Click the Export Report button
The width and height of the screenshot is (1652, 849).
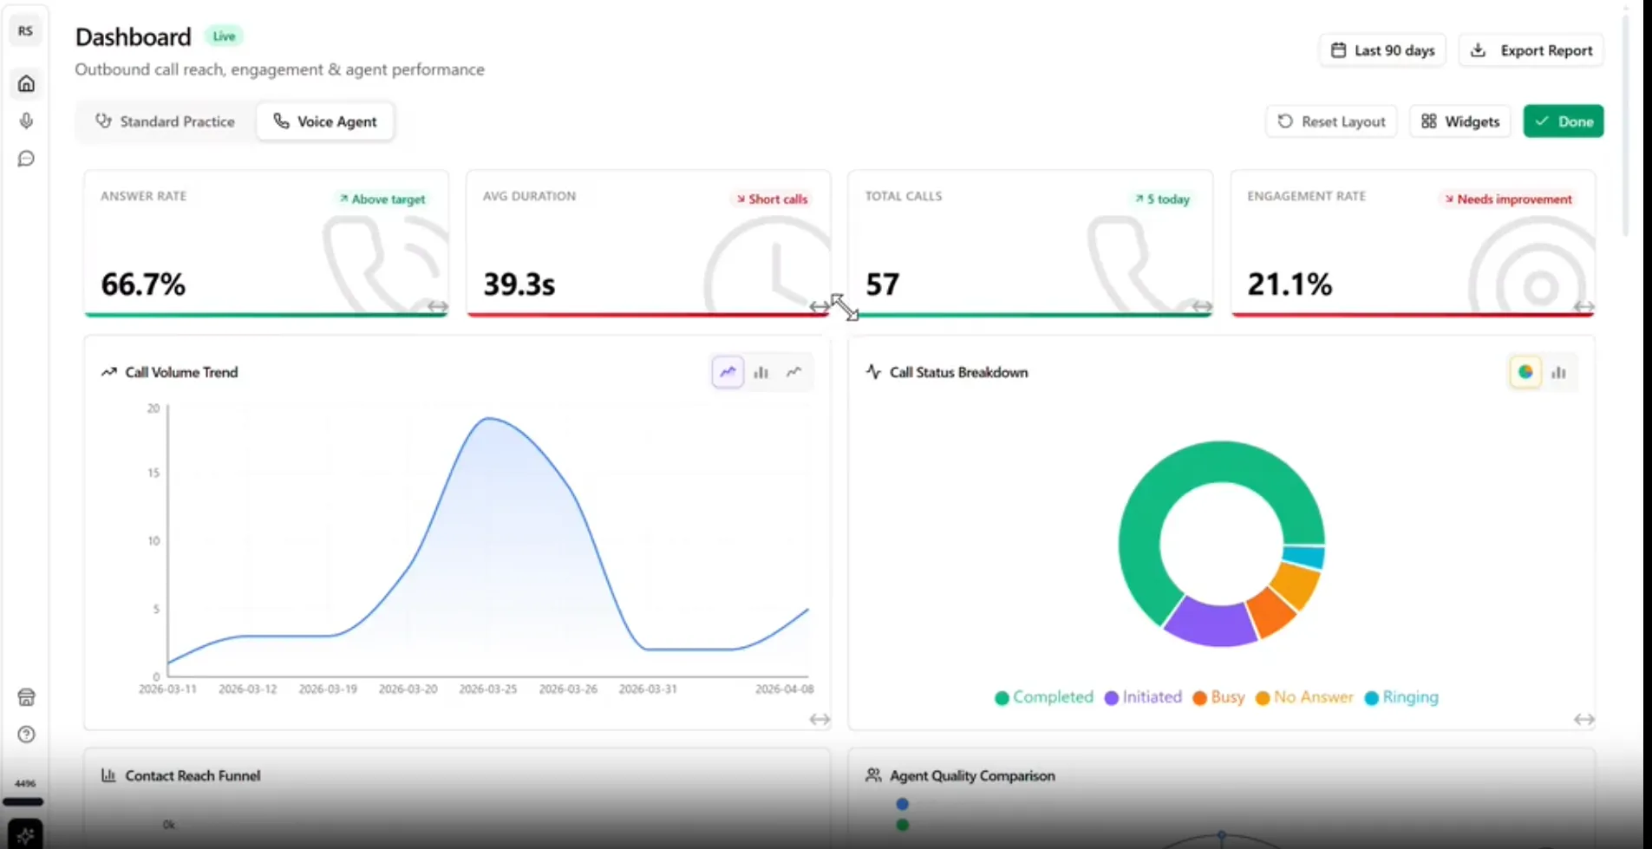click(x=1531, y=50)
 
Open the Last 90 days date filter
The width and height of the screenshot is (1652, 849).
click(x=1382, y=50)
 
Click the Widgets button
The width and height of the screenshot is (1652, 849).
click(x=1460, y=121)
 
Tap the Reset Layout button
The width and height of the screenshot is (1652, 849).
click(x=1331, y=121)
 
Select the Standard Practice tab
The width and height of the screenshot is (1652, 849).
click(x=165, y=121)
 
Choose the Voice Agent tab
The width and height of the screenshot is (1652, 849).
click(x=325, y=121)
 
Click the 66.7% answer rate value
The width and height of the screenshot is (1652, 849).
click(x=143, y=284)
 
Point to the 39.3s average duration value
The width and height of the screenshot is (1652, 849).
click(x=519, y=284)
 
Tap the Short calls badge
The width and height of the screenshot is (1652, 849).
click(x=772, y=199)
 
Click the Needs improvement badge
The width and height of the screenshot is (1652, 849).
click(x=1508, y=199)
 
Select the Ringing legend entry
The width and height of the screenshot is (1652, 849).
click(x=1401, y=697)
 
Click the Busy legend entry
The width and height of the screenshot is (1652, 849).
click(x=1218, y=697)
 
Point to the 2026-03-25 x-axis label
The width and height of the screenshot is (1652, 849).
click(x=487, y=689)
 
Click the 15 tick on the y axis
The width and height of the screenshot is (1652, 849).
click(x=153, y=473)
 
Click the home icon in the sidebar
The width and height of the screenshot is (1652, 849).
click(x=26, y=84)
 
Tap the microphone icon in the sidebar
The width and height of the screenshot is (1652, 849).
click(x=26, y=121)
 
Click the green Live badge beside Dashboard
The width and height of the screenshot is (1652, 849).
click(x=224, y=36)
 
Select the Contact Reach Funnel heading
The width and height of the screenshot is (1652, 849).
click(x=193, y=775)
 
